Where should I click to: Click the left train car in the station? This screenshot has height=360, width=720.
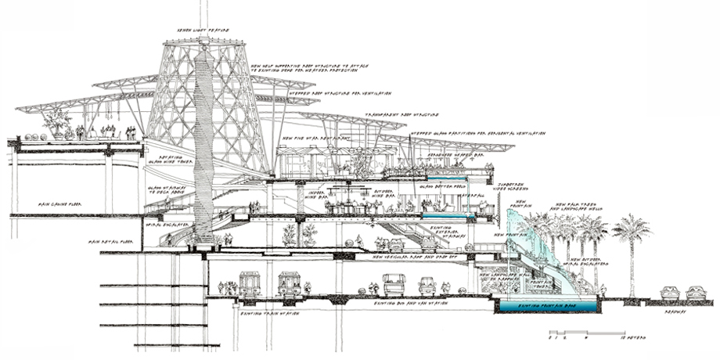coord(250,283)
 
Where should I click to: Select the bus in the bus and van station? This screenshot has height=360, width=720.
coord(392,285)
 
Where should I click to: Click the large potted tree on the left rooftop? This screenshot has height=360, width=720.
coord(56,124)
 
